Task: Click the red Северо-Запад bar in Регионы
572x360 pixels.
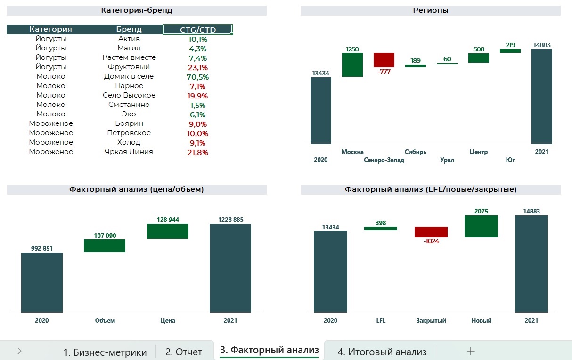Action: (x=384, y=60)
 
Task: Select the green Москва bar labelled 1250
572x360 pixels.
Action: (x=352, y=65)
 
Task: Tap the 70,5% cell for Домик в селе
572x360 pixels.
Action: (x=198, y=77)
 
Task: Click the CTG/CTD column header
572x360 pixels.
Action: (x=198, y=30)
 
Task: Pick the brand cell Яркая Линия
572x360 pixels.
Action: (x=129, y=152)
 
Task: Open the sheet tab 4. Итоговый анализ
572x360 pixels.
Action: (x=382, y=352)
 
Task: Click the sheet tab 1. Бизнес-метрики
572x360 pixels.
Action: (x=105, y=352)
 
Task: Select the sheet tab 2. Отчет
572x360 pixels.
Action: (x=184, y=352)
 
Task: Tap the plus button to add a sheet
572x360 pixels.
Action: (x=470, y=351)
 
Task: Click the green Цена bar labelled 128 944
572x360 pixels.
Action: (x=167, y=231)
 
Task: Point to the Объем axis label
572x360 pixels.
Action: (x=105, y=320)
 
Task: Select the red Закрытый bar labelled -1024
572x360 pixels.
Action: (x=431, y=232)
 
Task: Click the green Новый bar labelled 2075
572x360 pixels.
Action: (x=481, y=226)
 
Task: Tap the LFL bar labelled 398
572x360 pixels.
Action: (x=380, y=229)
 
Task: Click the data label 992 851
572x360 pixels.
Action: (x=42, y=249)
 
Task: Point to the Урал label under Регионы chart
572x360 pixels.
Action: (x=447, y=160)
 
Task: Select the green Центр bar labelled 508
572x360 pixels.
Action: (x=478, y=58)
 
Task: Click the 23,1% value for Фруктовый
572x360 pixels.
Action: (x=198, y=67)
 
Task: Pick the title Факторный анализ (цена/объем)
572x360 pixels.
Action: (x=137, y=189)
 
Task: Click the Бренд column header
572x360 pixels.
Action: (x=129, y=29)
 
